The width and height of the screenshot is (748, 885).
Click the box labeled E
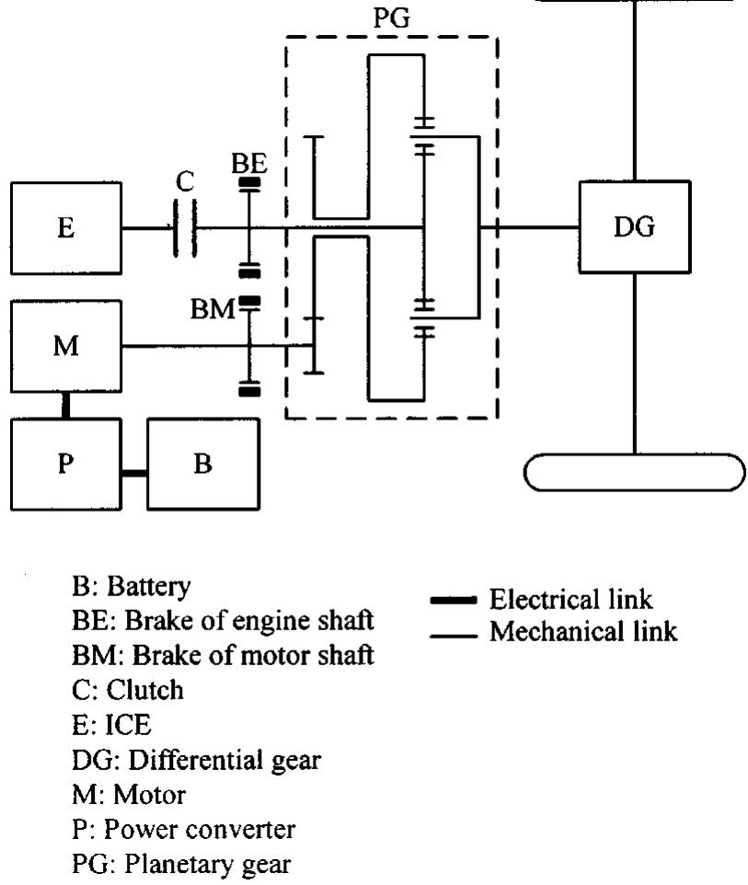pyautogui.click(x=65, y=228)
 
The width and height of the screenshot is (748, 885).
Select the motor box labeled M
pyautogui.click(x=65, y=346)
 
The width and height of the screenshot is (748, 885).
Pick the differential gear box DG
pyautogui.click(x=635, y=227)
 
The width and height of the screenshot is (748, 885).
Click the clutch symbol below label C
pyautogui.click(x=185, y=228)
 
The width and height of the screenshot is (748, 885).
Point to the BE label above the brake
pyautogui.click(x=247, y=164)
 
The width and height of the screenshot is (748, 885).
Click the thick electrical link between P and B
pyautogui.click(x=134, y=473)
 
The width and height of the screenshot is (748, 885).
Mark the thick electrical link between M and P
pyautogui.click(x=65, y=405)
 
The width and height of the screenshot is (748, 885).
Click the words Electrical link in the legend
pyautogui.click(x=571, y=600)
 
